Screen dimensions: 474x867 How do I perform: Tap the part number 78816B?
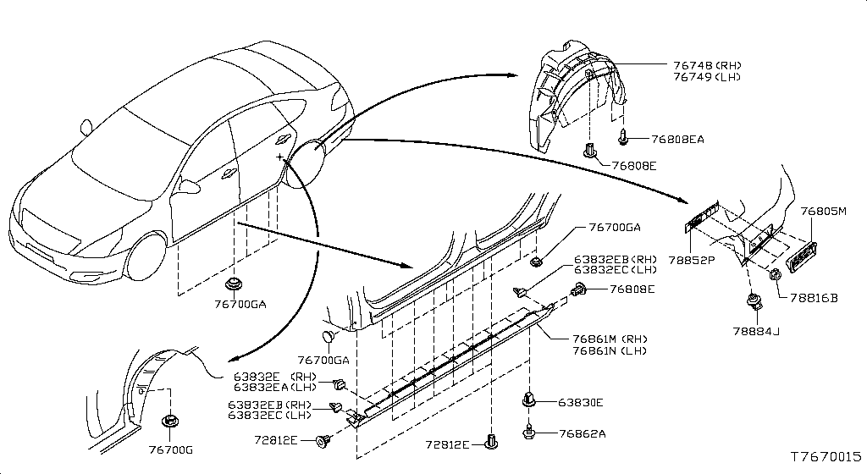pyautogui.click(x=813, y=298)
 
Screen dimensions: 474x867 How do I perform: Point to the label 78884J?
pyautogui.click(x=753, y=331)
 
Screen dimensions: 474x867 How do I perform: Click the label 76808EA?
pyautogui.click(x=678, y=139)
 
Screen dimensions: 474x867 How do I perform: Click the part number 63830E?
pyautogui.click(x=580, y=403)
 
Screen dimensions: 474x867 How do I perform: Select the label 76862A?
pyautogui.click(x=583, y=433)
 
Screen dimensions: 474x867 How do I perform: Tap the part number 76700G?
pyautogui.click(x=169, y=449)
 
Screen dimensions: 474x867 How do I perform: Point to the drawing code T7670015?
pyautogui.click(x=825, y=456)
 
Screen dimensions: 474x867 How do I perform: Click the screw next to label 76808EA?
pyautogui.click(x=624, y=135)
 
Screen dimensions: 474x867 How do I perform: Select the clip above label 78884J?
pyautogui.click(x=751, y=300)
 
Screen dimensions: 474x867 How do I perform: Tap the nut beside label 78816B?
pyautogui.click(x=774, y=274)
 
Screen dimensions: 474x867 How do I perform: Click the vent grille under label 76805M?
pyautogui.click(x=803, y=256)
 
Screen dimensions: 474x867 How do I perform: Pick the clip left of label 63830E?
pyautogui.click(x=529, y=399)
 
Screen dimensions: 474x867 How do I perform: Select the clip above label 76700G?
pyautogui.click(x=168, y=420)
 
